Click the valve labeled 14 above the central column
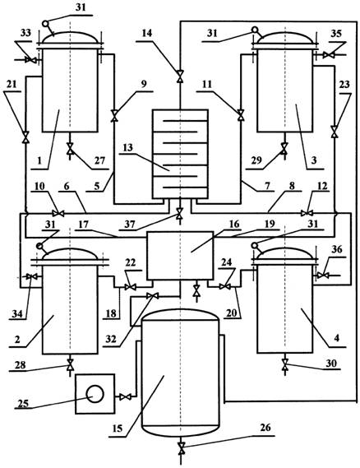[x=180, y=76]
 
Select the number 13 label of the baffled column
[x=128, y=148]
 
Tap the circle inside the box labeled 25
[x=95, y=394]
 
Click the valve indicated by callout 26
[x=181, y=448]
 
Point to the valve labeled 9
[x=114, y=115]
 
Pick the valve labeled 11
[x=240, y=115]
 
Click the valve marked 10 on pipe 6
[x=58, y=213]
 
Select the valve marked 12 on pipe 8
[x=307, y=213]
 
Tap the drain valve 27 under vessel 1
[x=70, y=149]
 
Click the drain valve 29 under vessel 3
[x=284, y=148]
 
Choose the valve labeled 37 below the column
[x=179, y=213]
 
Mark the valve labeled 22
[x=131, y=287]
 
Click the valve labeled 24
[x=225, y=287]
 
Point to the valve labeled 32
[x=152, y=296]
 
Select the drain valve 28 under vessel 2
[x=70, y=364]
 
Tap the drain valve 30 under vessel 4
[x=285, y=364]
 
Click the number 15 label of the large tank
[x=118, y=429]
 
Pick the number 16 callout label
[x=234, y=224]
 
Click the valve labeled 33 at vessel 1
[x=30, y=60]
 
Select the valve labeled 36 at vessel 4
[x=322, y=276]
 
